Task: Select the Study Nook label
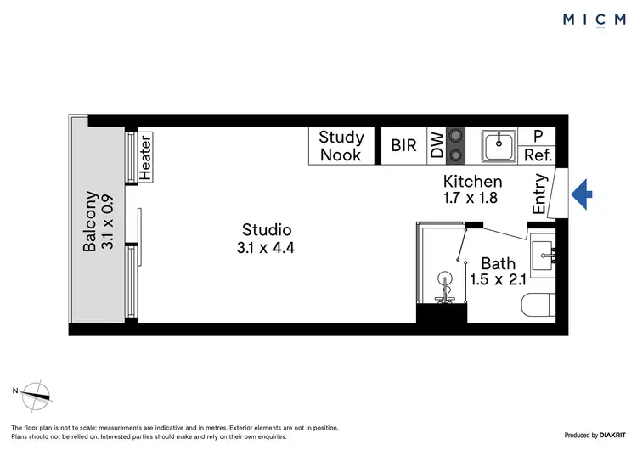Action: point(341,146)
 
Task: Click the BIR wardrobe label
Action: point(403,146)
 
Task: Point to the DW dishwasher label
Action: point(437,146)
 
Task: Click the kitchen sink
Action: point(499,146)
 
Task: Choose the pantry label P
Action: point(538,136)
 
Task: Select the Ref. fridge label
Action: point(538,155)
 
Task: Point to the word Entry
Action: point(539,194)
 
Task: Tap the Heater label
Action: point(145,158)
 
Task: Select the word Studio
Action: point(267,229)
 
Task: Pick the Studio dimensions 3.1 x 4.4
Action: point(267,248)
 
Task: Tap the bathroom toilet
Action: point(538,305)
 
